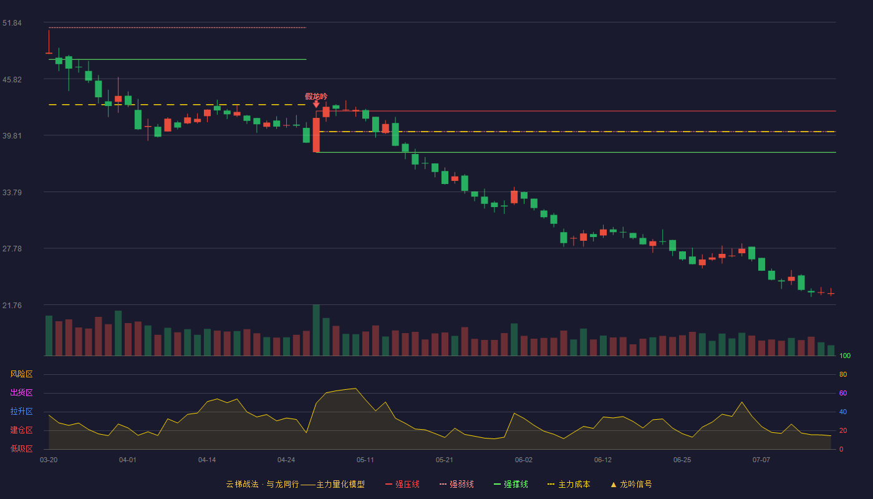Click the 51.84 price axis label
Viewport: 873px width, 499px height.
(x=12, y=23)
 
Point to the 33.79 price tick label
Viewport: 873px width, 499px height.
(x=12, y=193)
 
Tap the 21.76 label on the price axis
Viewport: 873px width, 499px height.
(x=12, y=305)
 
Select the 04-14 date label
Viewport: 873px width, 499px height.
(x=207, y=460)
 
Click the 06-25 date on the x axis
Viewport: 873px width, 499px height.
(x=682, y=460)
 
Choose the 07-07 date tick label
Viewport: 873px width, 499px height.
(x=761, y=460)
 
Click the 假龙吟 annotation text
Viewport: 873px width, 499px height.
(x=316, y=96)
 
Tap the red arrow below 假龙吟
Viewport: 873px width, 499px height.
(x=316, y=104)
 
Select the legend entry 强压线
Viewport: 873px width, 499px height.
(x=403, y=484)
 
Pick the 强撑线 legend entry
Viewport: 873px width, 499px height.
(x=511, y=484)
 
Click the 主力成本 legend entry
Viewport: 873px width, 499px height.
(x=569, y=484)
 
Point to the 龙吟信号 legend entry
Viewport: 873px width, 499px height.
(x=631, y=484)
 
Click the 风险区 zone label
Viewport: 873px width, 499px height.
(x=21, y=374)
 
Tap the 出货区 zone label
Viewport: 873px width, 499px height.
(x=21, y=392)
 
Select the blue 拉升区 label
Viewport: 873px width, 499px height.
(x=21, y=411)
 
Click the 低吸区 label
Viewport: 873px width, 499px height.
(x=21, y=448)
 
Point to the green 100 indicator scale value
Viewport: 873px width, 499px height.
(x=845, y=356)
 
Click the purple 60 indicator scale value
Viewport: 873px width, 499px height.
(x=843, y=393)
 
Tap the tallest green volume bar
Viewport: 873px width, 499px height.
(x=316, y=330)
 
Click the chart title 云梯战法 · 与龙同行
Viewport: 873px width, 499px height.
(x=263, y=484)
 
